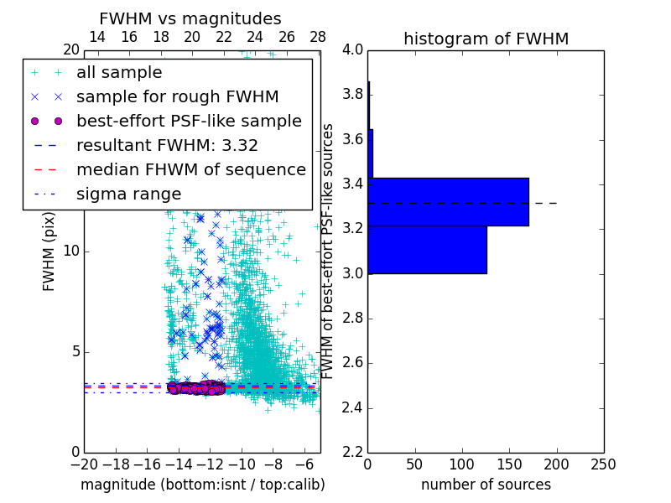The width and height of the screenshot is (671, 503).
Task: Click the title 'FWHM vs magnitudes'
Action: pos(190,18)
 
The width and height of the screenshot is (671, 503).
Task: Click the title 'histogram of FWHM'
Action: pos(486,39)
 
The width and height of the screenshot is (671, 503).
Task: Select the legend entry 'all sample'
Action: pos(119,73)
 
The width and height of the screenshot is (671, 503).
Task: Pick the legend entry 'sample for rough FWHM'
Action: pos(177,96)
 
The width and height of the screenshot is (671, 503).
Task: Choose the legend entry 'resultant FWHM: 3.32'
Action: pos(167,145)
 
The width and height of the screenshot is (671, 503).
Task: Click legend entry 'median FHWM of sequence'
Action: pos(190,169)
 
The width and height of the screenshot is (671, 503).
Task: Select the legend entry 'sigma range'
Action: pos(128,194)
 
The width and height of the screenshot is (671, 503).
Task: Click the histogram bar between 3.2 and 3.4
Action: pos(448,202)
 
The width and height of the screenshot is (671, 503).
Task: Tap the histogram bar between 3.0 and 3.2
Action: pos(427,250)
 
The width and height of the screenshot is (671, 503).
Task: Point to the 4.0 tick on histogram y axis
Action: pos(353,49)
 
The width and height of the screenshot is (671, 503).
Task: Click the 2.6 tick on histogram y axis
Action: pos(353,363)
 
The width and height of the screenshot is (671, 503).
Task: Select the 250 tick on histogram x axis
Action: pos(603,464)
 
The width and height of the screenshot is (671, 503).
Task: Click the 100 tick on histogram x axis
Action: pos(462,464)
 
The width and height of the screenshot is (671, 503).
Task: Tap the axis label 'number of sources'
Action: pos(486,485)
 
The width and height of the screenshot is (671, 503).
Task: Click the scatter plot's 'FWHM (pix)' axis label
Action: pos(49,251)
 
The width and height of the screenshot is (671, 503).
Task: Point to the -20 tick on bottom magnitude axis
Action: pos(84,464)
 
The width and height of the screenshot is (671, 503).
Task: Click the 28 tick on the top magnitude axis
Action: pos(318,37)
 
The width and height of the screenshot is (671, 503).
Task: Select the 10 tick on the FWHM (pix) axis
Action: pos(71,251)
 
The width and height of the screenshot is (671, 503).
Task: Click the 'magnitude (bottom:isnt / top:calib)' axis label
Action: pos(202,485)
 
